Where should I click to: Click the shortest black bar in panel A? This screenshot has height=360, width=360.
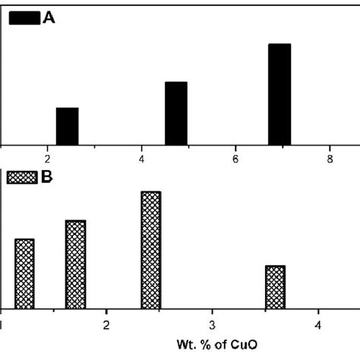(x=67, y=126)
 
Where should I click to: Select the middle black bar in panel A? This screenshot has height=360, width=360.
(x=176, y=113)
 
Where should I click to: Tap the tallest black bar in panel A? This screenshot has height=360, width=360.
(x=279, y=94)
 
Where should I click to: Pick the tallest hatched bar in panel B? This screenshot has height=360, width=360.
(x=150, y=250)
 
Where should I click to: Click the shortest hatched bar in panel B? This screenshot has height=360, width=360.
(x=275, y=287)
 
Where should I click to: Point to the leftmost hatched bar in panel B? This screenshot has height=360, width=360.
(x=25, y=273)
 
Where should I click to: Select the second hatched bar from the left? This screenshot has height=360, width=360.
(x=76, y=264)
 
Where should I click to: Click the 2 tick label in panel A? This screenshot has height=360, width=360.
(x=48, y=159)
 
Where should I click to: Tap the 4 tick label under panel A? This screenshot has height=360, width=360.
(x=142, y=159)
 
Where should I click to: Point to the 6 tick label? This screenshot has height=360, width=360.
(x=236, y=159)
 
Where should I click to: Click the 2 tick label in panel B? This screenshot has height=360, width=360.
(x=107, y=325)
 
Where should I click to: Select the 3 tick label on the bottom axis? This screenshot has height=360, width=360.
(x=213, y=325)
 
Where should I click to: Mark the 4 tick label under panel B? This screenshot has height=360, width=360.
(x=318, y=325)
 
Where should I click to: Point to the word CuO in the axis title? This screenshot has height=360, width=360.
(x=246, y=346)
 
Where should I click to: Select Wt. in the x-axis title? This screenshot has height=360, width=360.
(x=186, y=346)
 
